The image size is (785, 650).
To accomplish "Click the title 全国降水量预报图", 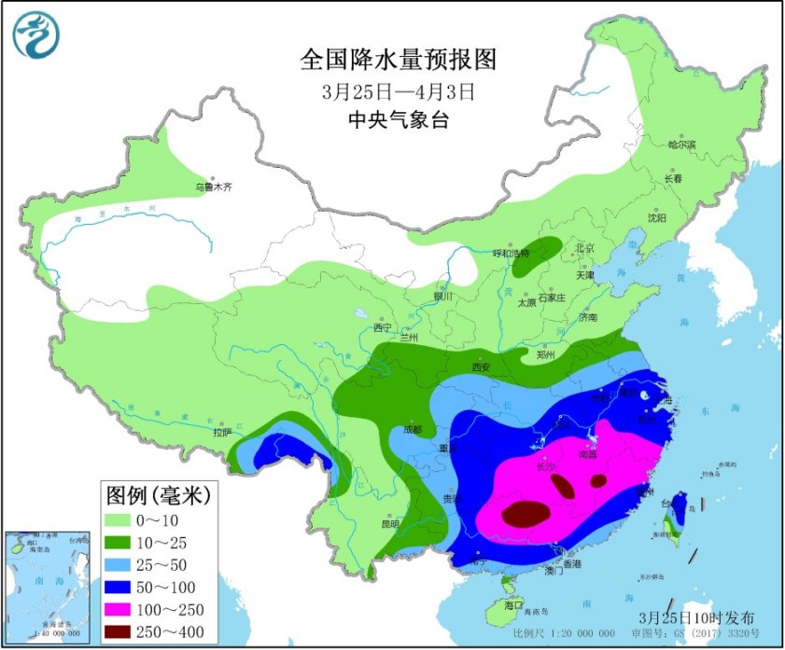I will tap(399, 61).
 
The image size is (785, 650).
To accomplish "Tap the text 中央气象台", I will tap(399, 119).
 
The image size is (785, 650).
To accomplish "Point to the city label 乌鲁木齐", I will tap(213, 187).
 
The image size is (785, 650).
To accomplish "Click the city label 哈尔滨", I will tap(682, 145).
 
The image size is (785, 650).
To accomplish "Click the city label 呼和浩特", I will tap(511, 253).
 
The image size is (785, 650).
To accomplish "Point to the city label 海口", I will tap(513, 604).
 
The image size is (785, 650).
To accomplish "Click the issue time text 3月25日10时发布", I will tap(696, 617).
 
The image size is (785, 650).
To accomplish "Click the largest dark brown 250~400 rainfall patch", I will tap(526, 513).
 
